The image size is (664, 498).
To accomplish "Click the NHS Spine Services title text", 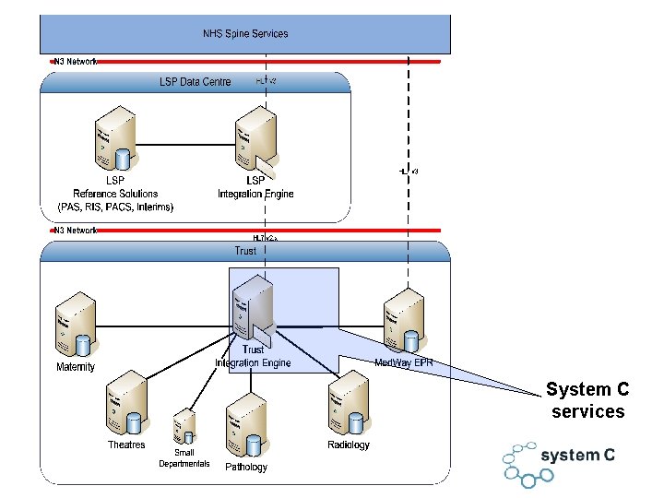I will coord(245,34).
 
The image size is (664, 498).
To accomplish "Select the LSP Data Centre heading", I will coord(196,82).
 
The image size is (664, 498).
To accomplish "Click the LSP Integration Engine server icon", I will coord(255,144).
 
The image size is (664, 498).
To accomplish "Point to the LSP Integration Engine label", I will coord(255,187).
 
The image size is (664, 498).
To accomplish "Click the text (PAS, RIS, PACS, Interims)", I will coord(115,207).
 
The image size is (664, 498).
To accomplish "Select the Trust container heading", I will coord(245,251).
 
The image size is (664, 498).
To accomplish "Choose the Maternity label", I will coord(76,367).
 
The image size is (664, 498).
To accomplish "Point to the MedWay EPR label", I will coord(403,362).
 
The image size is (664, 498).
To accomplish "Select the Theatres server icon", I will coord(126,407).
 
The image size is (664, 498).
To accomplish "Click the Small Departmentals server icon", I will coord(184,427).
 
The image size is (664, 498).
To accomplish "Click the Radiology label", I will coord(348,445).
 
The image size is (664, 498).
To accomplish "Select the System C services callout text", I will coord(587,401).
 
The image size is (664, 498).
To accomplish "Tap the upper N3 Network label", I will coord(75,62).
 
